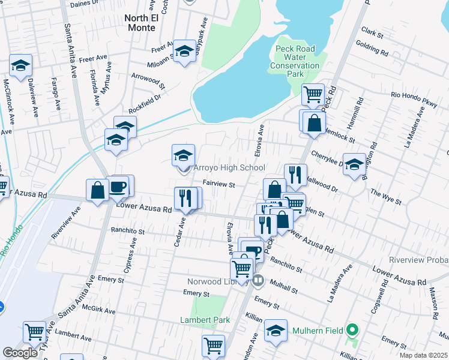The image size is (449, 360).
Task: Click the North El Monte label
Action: pos(140,23)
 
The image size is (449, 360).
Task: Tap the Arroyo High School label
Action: pos(229,169)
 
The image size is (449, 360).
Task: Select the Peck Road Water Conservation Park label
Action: pos(295,61)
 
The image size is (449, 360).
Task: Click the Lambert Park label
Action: pos(205,320)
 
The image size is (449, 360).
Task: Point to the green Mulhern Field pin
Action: pos(353,330)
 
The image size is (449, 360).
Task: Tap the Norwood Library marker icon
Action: pos(258,280)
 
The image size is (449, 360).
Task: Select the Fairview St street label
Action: pos(218,185)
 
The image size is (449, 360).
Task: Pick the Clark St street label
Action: pos(372,34)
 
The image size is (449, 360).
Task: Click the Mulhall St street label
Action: pos(284,285)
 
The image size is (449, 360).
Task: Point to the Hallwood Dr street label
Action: pos(322,183)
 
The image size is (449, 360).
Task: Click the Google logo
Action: pos(20,353)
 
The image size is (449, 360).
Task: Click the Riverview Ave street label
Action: pos(65,223)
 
